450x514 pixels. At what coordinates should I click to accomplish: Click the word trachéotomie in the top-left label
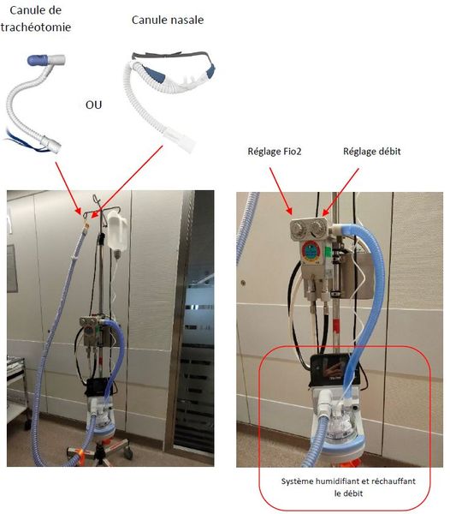[x=36, y=27]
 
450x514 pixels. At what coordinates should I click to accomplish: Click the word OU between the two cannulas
[x=93, y=105]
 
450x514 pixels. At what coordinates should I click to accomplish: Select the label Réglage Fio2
[x=275, y=152]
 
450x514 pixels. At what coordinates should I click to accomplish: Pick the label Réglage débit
[x=372, y=152]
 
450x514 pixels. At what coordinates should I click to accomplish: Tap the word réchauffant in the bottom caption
[x=398, y=481]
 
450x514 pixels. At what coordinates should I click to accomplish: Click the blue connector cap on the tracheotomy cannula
[x=38, y=60]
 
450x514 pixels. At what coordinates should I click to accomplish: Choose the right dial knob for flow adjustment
[x=317, y=227]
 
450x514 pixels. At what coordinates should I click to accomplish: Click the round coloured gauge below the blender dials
[x=311, y=251]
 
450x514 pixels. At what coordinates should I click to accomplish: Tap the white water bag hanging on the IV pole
[x=117, y=231]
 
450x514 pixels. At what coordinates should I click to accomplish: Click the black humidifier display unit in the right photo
[x=335, y=370]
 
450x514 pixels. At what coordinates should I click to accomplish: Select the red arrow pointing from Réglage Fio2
[x=281, y=191]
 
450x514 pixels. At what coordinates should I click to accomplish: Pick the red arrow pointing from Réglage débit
[x=340, y=192]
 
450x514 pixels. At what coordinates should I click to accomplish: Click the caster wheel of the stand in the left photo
[x=128, y=454]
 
